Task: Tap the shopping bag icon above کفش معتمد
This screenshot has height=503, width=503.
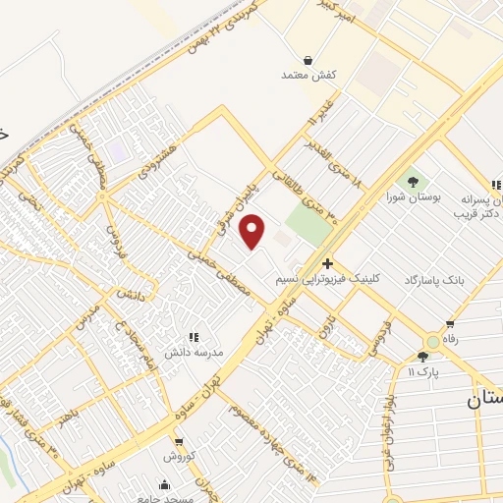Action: [296, 60]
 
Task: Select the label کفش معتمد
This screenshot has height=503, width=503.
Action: [296, 75]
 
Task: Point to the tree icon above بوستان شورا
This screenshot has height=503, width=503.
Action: [412, 181]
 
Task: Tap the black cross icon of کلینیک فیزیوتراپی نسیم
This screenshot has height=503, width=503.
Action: [327, 264]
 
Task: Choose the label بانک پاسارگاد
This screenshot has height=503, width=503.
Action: [433, 280]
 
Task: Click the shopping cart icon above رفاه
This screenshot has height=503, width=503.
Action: [450, 324]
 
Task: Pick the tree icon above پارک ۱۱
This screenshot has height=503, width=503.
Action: [422, 357]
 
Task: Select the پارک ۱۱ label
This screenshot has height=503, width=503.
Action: [422, 372]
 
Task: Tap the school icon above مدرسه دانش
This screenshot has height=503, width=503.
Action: [194, 336]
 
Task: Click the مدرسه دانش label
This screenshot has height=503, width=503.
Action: [199, 351]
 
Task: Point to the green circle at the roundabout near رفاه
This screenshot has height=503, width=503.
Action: [433, 341]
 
